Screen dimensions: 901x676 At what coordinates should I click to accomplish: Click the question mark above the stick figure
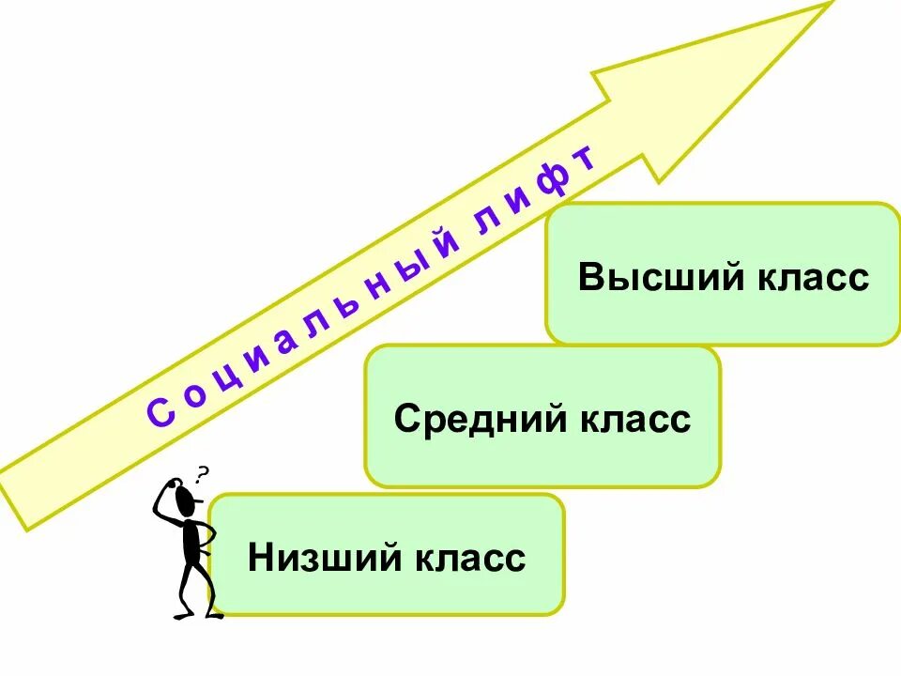point(202,473)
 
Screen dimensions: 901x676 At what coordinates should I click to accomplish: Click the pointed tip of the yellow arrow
point(830,4)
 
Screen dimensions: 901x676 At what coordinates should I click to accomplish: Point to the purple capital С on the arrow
point(160,412)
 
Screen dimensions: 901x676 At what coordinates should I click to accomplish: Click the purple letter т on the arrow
point(587,161)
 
